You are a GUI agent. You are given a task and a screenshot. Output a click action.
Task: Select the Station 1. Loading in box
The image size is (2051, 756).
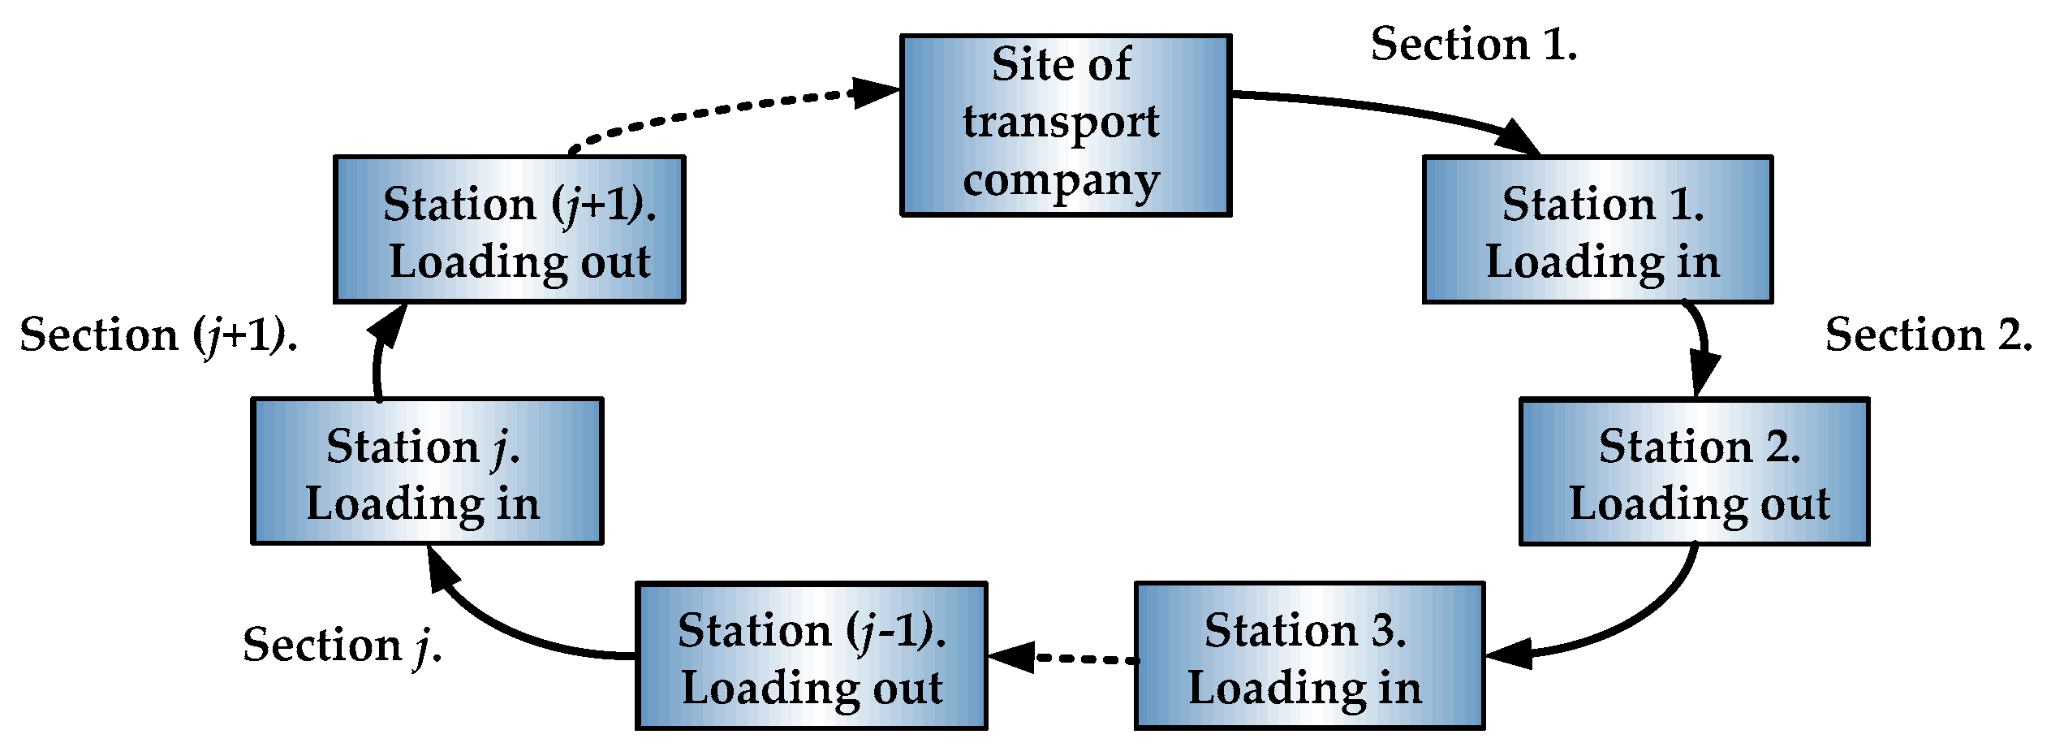(1596, 230)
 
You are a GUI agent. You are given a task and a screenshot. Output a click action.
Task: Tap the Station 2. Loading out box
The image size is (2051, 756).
(1694, 472)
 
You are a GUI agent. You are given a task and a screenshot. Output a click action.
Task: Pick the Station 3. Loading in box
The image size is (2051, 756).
(1308, 656)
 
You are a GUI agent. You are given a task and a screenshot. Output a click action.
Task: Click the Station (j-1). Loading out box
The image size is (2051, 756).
(811, 656)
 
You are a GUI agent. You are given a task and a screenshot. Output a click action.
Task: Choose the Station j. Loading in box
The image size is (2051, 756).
(427, 472)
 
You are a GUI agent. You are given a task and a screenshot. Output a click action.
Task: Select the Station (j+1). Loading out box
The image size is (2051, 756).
(509, 230)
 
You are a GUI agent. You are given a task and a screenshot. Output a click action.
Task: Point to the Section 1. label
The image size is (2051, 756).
(1473, 45)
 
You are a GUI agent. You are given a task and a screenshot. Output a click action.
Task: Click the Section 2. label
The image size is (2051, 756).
(1928, 335)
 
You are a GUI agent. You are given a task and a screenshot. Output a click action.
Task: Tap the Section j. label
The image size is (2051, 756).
(342, 646)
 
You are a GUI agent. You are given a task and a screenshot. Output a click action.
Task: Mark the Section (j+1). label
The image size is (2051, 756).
(158, 335)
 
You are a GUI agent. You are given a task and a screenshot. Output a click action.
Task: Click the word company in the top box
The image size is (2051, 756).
(1062, 181)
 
